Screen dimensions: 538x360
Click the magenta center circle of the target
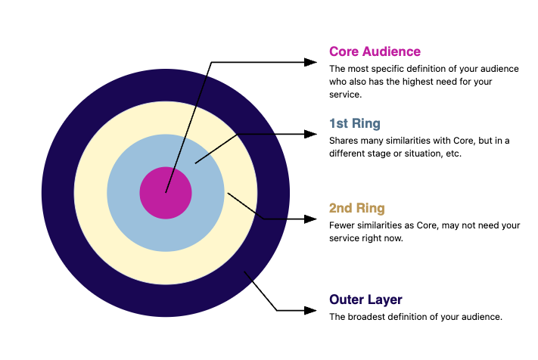coord(166,193)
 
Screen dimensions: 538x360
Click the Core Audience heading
coord(375,51)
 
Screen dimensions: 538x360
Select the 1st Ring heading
coord(355,123)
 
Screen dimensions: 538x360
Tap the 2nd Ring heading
coord(357,208)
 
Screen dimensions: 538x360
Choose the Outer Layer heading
coord(365,299)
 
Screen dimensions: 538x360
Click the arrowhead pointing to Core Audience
coord(310,62)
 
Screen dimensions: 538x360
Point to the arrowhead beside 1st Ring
coord(310,134)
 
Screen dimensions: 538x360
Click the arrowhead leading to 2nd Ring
coord(310,219)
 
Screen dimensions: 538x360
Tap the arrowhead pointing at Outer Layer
coord(310,310)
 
